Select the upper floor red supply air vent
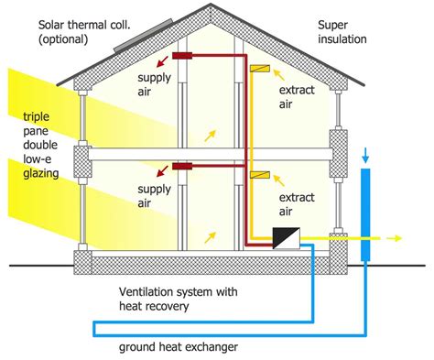pyautogui.click(x=186, y=56)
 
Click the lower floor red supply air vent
pyautogui.click(x=186, y=167)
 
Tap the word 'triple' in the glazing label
pyautogui.click(x=37, y=116)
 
